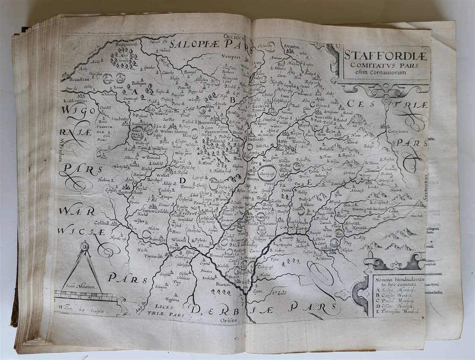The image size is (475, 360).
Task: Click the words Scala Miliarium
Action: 81,286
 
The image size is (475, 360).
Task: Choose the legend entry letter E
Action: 376,310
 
